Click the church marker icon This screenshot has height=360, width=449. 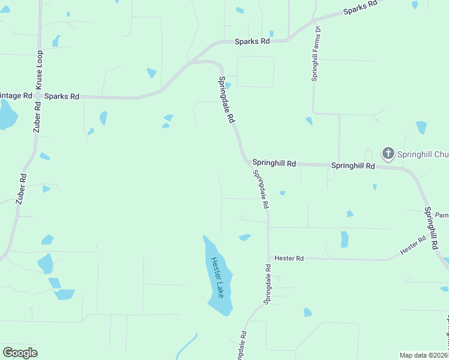388,153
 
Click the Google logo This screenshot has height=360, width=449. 20,353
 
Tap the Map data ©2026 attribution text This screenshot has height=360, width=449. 424,355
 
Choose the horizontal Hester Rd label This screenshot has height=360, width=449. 289,258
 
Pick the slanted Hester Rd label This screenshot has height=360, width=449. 413,244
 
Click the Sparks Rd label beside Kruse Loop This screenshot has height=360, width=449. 62,96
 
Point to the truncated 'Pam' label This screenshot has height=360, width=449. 442,215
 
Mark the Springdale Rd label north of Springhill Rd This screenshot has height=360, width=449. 226,100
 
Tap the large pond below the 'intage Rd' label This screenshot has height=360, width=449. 6,116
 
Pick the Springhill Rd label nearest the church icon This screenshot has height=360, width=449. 353,166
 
